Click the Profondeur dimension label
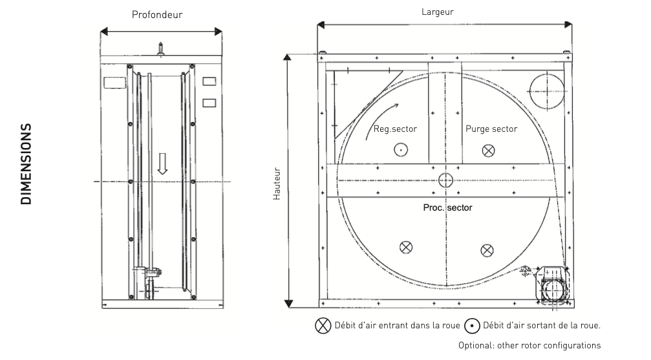click(162, 14)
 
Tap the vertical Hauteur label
click(277, 184)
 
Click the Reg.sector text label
click(395, 129)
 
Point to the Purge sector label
click(491, 129)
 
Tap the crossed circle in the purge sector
click(489, 150)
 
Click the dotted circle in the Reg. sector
click(401, 150)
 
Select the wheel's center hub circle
click(445, 180)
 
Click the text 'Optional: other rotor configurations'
click(529, 345)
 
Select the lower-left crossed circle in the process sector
click(405, 247)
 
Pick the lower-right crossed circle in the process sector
click(486, 249)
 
